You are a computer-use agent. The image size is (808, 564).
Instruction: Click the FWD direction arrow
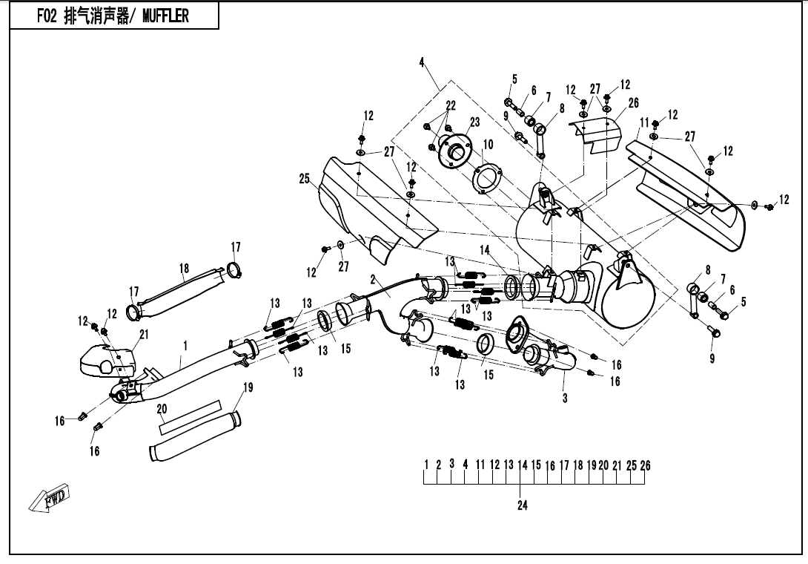pos(49,499)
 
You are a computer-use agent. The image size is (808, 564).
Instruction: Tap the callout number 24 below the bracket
pos(522,507)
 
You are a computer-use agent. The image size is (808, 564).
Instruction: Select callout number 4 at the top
pos(422,63)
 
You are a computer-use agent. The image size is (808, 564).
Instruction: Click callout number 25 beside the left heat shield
pos(304,179)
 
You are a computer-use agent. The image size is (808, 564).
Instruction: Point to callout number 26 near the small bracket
pos(633,103)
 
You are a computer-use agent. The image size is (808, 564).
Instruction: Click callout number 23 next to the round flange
pos(474,122)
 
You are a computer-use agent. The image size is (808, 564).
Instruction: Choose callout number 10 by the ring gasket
pos(488,143)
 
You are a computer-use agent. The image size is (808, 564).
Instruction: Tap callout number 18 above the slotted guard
pos(185,268)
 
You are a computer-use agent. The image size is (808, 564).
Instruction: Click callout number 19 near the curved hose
pos(248,387)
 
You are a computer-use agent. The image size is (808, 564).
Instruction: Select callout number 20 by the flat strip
pos(162,409)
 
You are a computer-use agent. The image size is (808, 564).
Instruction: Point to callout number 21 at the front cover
pos(144,335)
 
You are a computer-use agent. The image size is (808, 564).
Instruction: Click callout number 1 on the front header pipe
pos(185,345)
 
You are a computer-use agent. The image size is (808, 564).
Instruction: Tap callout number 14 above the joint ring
pos(485,250)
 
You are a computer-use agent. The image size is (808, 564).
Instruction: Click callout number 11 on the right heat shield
pos(644,122)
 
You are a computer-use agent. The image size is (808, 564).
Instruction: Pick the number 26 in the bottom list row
pos(645,465)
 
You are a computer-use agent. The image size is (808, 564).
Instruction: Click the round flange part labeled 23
pos(453,151)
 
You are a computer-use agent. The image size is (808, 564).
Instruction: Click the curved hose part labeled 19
pos(193,438)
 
